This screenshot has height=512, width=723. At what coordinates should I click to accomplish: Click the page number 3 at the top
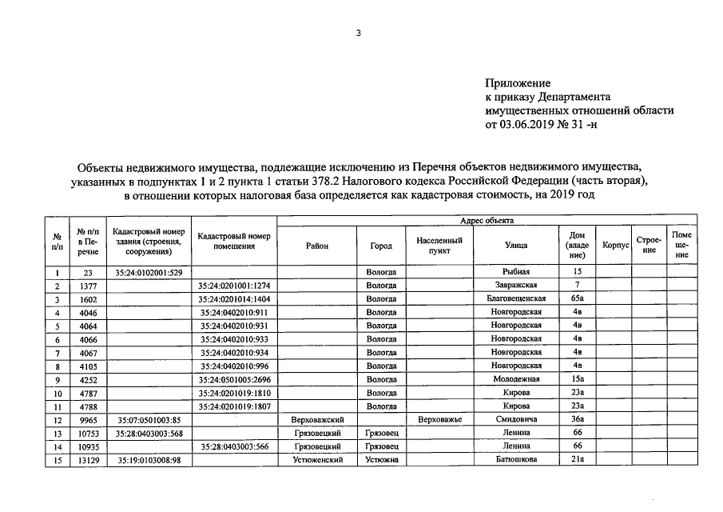click(x=360, y=33)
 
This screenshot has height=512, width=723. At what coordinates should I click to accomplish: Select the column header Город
click(x=381, y=246)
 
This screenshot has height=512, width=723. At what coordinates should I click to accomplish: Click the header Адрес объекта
click(x=487, y=221)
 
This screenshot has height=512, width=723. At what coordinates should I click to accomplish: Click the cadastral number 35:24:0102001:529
click(x=149, y=273)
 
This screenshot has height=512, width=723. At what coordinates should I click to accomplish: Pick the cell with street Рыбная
click(x=516, y=273)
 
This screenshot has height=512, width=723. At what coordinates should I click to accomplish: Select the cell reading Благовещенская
click(x=516, y=299)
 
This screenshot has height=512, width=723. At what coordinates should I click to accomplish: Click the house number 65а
click(x=577, y=299)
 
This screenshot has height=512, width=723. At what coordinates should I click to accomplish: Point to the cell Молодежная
click(x=516, y=378)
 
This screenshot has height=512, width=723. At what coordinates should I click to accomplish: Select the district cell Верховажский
click(x=317, y=418)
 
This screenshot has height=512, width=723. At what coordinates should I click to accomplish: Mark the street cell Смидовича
click(x=516, y=418)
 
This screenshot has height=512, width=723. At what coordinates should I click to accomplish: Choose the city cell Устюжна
click(x=381, y=459)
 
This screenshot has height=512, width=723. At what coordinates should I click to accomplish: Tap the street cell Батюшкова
click(x=516, y=459)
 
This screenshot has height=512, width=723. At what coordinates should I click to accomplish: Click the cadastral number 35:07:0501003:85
click(x=149, y=418)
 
